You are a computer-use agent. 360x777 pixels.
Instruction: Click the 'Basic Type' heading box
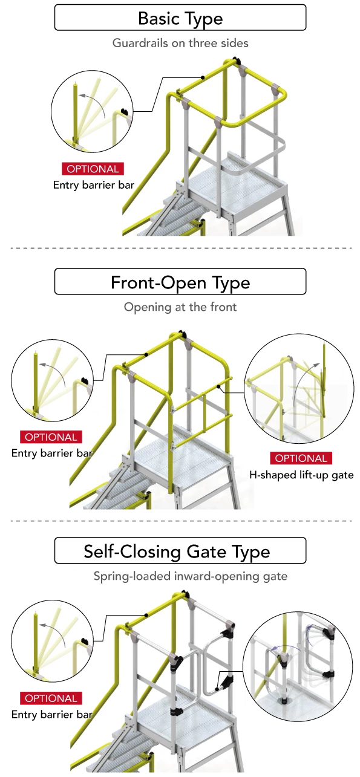click(x=180, y=18)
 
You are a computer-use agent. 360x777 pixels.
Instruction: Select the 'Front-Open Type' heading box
click(x=180, y=281)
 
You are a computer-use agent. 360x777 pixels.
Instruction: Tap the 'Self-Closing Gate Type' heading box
click(x=180, y=550)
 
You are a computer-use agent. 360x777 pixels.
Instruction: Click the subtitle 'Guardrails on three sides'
click(x=180, y=43)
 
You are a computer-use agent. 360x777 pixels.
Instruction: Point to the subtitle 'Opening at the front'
click(x=180, y=307)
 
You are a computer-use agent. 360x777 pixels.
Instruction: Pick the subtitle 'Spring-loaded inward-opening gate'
click(x=190, y=576)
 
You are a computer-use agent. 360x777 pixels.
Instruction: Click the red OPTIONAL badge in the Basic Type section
click(x=93, y=169)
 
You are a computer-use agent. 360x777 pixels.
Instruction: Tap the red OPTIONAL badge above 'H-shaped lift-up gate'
click(x=301, y=458)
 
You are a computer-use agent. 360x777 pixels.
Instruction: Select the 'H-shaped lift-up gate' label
click(x=301, y=475)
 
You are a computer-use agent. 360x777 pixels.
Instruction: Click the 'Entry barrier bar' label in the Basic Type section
click(x=93, y=185)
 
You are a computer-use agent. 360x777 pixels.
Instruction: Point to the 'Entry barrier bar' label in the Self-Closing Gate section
click(x=51, y=714)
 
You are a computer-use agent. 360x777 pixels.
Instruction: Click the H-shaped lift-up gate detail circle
click(x=299, y=389)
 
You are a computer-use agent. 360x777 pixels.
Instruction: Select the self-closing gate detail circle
click(x=298, y=667)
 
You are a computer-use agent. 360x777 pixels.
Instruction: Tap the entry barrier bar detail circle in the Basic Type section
click(x=92, y=111)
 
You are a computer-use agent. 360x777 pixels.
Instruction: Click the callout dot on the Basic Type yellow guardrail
click(x=203, y=77)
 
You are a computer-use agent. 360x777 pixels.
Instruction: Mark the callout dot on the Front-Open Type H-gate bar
click(x=218, y=386)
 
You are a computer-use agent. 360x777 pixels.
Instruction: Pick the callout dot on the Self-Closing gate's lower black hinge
click(x=217, y=689)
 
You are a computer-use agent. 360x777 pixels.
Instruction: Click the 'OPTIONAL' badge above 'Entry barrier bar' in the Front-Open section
click(x=51, y=437)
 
